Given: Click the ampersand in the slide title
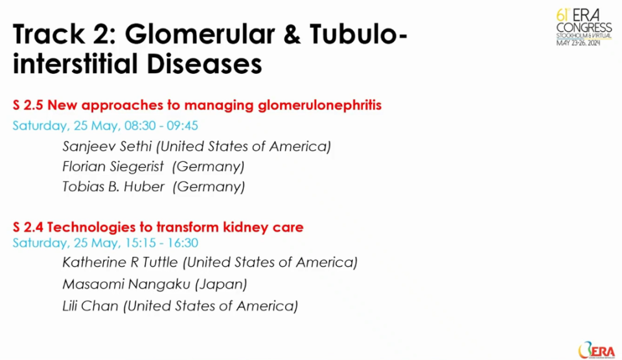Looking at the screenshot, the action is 292,34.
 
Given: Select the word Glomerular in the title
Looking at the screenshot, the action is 200,34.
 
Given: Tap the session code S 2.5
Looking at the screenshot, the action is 28,105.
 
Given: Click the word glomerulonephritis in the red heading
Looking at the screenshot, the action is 319,106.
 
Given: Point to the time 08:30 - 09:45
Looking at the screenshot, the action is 161,126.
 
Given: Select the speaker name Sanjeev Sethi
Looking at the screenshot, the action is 107,147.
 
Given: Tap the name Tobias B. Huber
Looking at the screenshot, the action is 113,186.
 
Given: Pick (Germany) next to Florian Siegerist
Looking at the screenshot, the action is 208,167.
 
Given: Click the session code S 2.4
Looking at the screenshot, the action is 28,227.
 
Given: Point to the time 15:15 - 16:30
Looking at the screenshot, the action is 162,243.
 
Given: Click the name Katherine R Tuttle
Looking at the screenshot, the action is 121,262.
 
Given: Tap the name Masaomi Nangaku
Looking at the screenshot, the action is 126,284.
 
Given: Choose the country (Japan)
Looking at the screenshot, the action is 221,284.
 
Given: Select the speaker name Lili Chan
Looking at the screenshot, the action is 91,306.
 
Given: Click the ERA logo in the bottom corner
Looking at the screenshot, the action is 596,350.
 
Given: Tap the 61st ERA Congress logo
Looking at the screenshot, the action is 584,27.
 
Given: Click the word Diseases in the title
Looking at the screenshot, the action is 205,64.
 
